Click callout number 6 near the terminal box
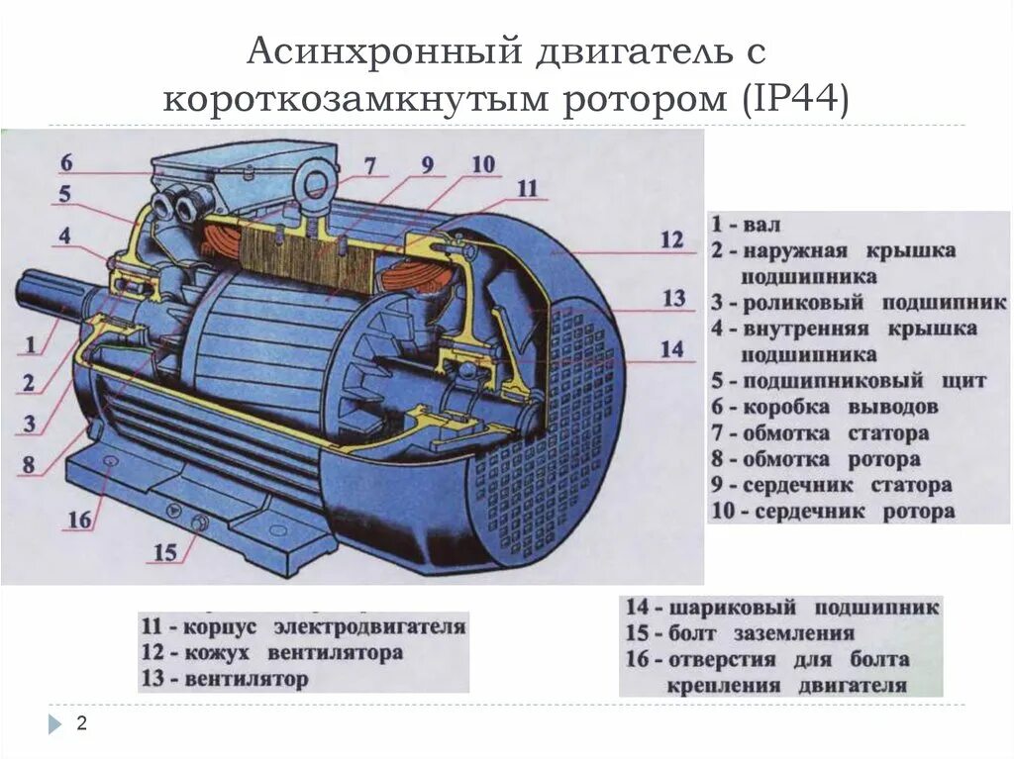click(x=65, y=163)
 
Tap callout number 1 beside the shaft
click(x=31, y=345)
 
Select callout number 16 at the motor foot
click(x=79, y=520)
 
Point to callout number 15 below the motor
click(x=165, y=552)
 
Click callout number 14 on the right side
click(x=671, y=348)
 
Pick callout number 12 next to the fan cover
click(x=671, y=239)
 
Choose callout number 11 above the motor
click(x=527, y=188)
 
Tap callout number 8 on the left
click(x=30, y=463)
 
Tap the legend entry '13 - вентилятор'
click(x=226, y=679)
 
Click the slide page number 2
click(x=81, y=724)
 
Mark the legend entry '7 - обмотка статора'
click(x=820, y=433)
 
